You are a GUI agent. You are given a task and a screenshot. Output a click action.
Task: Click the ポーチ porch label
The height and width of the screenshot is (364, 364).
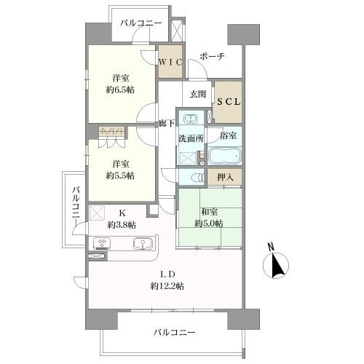212,57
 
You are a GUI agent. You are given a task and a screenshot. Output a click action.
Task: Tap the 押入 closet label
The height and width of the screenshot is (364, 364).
225,177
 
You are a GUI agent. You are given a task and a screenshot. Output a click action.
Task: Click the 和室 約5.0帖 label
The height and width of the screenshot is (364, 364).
208,217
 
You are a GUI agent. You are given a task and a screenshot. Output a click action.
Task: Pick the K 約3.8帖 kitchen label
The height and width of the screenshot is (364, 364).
121,218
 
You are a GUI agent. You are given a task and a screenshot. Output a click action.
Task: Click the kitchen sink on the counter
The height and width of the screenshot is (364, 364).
141,244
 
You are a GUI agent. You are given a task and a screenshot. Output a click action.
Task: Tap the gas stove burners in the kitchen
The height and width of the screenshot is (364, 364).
101,244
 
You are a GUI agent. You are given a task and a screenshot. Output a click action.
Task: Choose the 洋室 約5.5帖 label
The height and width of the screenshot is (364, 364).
120,170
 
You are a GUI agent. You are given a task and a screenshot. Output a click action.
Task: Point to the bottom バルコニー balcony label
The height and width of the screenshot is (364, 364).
175,333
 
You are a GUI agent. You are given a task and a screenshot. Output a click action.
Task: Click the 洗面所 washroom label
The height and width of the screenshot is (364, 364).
191,139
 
